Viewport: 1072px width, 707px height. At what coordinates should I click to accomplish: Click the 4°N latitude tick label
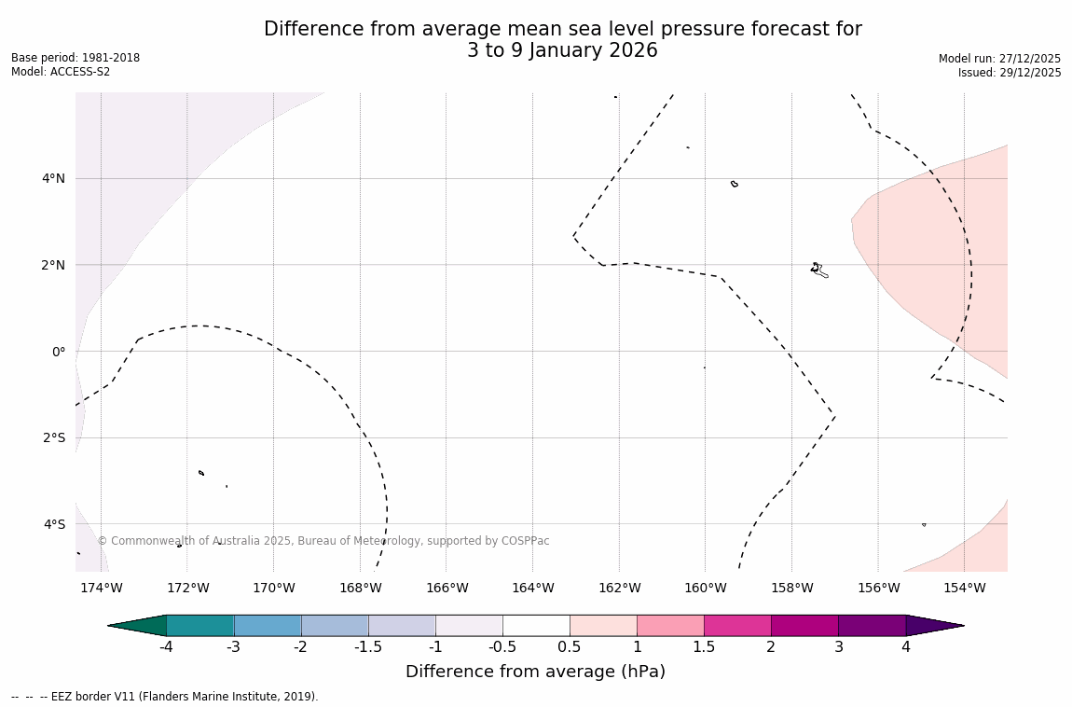pos(53,178)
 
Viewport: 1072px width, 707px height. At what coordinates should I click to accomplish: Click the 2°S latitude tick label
pos(53,437)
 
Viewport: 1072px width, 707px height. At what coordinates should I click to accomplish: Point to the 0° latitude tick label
pos(58,352)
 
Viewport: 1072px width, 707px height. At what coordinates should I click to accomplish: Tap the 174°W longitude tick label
pos(101,588)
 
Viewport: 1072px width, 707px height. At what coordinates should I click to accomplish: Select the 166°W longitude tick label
pos(447,588)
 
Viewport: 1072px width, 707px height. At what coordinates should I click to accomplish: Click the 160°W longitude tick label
pos(706,588)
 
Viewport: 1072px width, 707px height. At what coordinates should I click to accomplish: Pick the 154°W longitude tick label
pos(964,588)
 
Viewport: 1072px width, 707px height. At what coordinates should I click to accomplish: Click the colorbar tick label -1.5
pos(368,647)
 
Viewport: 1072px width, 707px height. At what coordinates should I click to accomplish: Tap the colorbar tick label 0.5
pos(570,647)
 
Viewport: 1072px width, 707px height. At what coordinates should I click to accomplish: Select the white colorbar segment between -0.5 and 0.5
pos(536,626)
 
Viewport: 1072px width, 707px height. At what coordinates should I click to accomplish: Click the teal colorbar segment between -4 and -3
pos(200,626)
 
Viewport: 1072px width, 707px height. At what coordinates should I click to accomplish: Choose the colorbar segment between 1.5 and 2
pos(737,626)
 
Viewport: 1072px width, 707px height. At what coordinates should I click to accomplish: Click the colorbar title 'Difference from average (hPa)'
pos(535,672)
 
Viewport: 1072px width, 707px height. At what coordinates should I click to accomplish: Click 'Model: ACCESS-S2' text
pos(61,72)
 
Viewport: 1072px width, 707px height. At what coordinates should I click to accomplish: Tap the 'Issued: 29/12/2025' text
pos(1010,73)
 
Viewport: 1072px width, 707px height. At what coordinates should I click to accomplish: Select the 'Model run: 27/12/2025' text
pos(999,58)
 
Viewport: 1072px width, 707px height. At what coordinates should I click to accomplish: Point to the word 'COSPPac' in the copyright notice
pos(526,541)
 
